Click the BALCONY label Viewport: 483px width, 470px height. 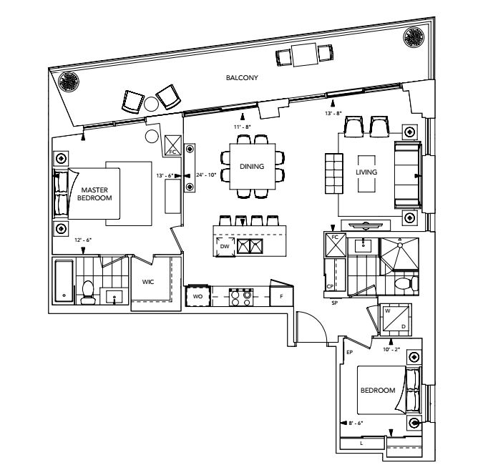point(241,77)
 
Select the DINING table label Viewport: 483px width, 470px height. point(252,166)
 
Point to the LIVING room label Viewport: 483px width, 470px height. point(366,172)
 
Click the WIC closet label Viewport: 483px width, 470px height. point(148,282)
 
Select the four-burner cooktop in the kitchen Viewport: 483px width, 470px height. point(240,296)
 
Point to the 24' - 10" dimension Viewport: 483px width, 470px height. point(208,174)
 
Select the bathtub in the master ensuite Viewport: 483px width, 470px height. point(64,282)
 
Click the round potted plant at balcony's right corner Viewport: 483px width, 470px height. point(414,36)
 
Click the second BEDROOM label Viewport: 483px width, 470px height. point(378,390)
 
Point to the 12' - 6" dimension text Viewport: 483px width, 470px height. point(83,240)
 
